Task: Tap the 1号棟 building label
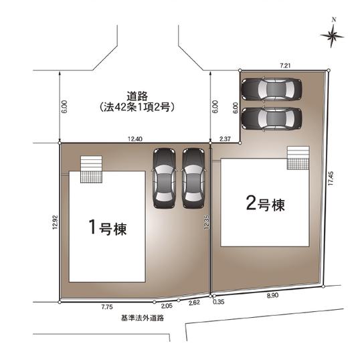(108, 227)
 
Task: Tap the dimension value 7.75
(106, 307)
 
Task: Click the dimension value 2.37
(225, 139)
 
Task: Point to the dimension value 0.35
(219, 302)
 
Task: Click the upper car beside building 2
(272, 88)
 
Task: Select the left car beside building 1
(164, 177)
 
